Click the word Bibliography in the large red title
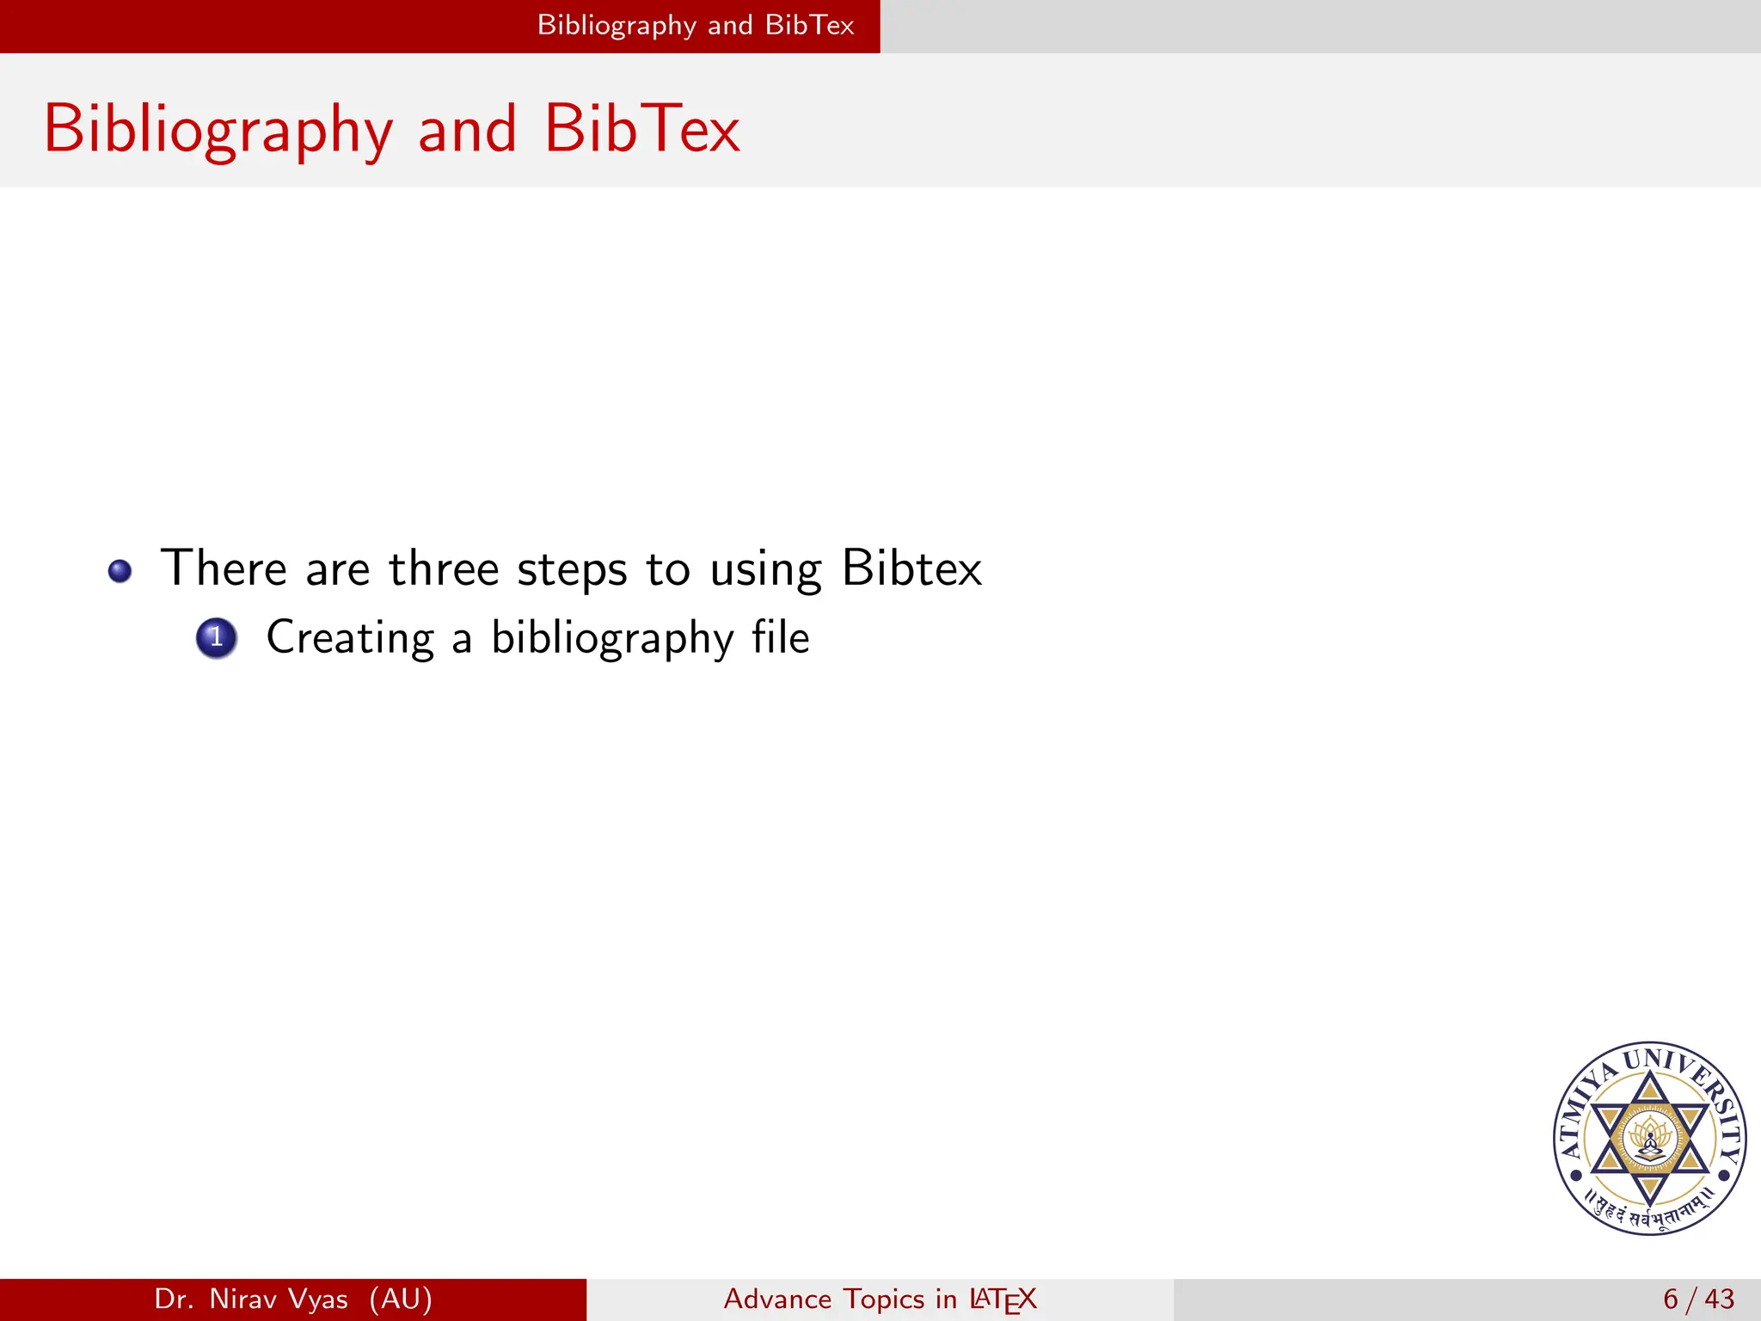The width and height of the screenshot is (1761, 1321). tap(218, 129)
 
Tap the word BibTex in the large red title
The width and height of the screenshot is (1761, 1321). tap(641, 129)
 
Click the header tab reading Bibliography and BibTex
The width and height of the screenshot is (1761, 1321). tap(695, 25)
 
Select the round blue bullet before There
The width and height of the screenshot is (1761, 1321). tap(120, 571)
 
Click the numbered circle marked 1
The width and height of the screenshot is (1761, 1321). tap(217, 638)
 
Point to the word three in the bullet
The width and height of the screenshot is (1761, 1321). tap(444, 568)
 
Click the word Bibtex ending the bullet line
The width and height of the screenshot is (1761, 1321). tap(911, 568)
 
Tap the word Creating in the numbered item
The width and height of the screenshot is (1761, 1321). tap(350, 638)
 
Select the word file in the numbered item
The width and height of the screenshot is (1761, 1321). tap(780, 638)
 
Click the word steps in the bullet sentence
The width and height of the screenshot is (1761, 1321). tap(572, 570)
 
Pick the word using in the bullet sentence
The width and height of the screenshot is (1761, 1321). tap(765, 570)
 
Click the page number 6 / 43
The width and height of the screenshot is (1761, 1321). tap(1698, 1299)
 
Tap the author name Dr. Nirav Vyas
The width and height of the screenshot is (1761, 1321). tap(251, 1299)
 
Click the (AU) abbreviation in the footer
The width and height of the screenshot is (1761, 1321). tap(401, 1299)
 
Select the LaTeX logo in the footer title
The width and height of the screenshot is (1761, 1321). tap(1003, 1299)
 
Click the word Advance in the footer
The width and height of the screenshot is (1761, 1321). tap(777, 1299)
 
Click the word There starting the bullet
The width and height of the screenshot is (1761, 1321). tap(224, 568)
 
